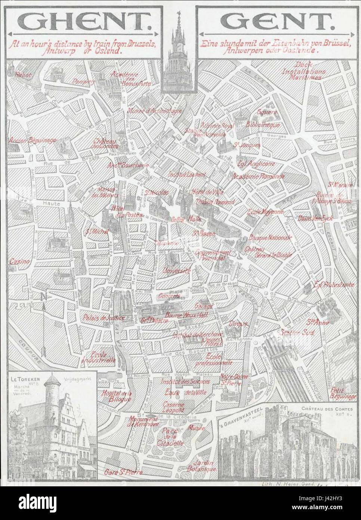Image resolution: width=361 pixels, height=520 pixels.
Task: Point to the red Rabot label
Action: coord(24,74)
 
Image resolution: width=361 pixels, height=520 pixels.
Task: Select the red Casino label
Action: coord(20,261)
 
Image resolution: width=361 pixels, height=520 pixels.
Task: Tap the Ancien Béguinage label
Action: coord(32,140)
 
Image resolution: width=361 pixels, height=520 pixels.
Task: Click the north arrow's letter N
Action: coord(44,298)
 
